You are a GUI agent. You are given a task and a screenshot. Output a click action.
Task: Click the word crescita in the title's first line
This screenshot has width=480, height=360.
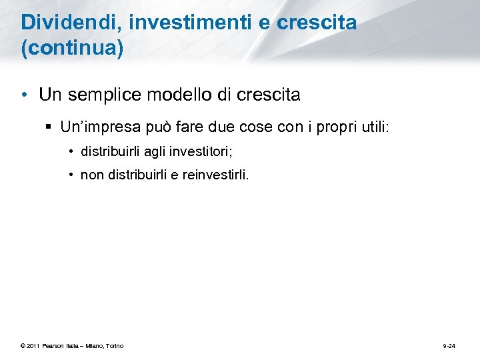[x=316, y=23]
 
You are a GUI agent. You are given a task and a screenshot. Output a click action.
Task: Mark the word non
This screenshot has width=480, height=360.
[x=91, y=175]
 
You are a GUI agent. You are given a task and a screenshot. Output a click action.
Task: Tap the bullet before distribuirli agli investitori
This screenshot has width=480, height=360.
[x=71, y=151]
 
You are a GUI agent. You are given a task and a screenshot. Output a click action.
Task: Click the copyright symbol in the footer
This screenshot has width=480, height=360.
[x=23, y=345]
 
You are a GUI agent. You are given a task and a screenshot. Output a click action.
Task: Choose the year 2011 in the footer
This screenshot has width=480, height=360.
[x=33, y=345]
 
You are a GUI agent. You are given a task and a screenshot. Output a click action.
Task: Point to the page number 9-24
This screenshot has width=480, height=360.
[x=449, y=345]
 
